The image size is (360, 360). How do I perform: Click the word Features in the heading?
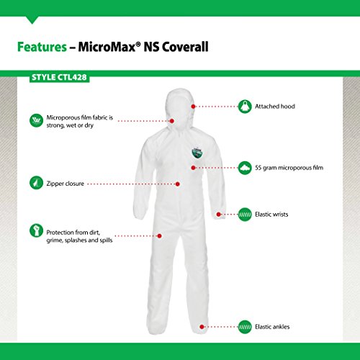pyautogui.click(x=42, y=47)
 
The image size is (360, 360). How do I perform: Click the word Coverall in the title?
pyautogui.click(x=185, y=47)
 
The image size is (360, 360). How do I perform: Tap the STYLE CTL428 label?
pyautogui.click(x=59, y=77)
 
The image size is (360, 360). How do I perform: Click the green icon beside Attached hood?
pyautogui.click(x=245, y=107)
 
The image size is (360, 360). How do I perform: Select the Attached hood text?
pyautogui.click(x=275, y=107)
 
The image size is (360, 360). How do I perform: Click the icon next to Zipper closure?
pyautogui.click(x=36, y=183)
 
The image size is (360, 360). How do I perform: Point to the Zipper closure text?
pyautogui.click(x=66, y=184)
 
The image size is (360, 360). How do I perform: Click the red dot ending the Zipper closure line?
pyautogui.click(x=178, y=184)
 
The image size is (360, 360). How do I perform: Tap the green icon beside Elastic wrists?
pyautogui.click(x=245, y=215)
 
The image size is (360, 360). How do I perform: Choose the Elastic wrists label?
pyautogui.click(x=271, y=215)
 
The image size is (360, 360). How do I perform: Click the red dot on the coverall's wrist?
pyautogui.click(x=218, y=215)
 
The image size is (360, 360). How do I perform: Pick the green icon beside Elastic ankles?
pyautogui.click(x=245, y=327)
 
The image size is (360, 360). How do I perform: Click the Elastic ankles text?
pyautogui.click(x=272, y=327)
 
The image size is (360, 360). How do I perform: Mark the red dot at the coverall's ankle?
pyautogui.click(x=202, y=327)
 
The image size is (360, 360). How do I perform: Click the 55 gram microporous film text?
pyautogui.click(x=289, y=168)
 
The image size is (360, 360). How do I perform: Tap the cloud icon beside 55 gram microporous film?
pyautogui.click(x=245, y=168)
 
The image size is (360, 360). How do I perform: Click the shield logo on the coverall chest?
pyautogui.click(x=197, y=152)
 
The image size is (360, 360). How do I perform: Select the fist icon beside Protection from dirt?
pyautogui.click(x=36, y=230)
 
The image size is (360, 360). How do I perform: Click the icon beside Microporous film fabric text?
pyautogui.click(x=36, y=120)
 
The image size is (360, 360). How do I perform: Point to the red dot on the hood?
pyautogui.click(x=193, y=107)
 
